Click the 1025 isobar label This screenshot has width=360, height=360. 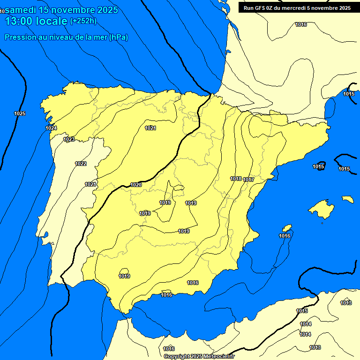pyautogui.click(x=20, y=113)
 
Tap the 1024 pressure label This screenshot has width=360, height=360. pyautogui.click(x=51, y=128)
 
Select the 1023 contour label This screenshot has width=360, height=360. pyautogui.click(x=69, y=139)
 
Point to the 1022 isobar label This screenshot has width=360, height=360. pyautogui.click(x=81, y=164)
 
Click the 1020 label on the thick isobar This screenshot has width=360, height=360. pyautogui.click(x=136, y=185)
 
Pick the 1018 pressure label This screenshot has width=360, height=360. pyautogui.click(x=236, y=179)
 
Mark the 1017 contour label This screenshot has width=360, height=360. pyautogui.click(x=248, y=180)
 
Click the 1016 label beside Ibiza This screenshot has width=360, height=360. pyautogui.click(x=285, y=236)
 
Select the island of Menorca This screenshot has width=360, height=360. pyautogui.click(x=348, y=199)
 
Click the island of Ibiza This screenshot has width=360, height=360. pyautogui.click(x=285, y=228)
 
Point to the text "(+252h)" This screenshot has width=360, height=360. pyautogui.click(x=83, y=21)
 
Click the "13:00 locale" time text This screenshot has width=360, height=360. pyautogui.click(x=36, y=21)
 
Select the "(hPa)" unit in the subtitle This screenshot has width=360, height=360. pyautogui.click(x=118, y=37)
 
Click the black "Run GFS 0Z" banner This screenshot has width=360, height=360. pyautogui.click(x=297, y=8)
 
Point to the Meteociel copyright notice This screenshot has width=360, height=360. pyautogui.click(x=199, y=356)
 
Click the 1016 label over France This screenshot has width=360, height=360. pyautogui.click(x=301, y=24)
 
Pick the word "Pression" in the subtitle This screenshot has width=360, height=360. pyautogui.click(x=19, y=37)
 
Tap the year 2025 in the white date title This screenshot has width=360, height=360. pyautogui.click(x=105, y=9)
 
